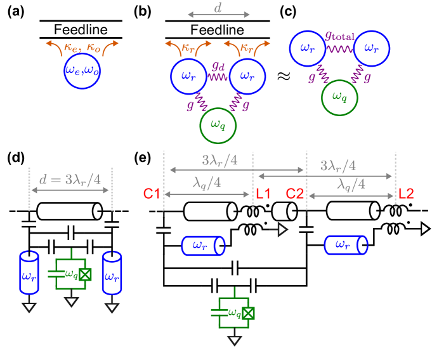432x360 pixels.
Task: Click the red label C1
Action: [x=152, y=194]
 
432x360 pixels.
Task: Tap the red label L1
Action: [x=263, y=194]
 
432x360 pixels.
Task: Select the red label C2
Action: [x=295, y=194]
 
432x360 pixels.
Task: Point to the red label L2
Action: [x=406, y=194]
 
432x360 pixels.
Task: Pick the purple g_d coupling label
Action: [x=219, y=65]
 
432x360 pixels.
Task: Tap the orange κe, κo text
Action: [x=82, y=47]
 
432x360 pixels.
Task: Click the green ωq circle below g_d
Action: [x=218, y=125]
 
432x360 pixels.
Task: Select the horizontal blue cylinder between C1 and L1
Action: [x=203, y=246]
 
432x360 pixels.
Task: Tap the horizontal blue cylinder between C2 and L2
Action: [x=345, y=244]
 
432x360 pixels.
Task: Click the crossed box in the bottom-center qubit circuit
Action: [x=248, y=313]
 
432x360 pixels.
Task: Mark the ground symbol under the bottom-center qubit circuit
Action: [x=235, y=340]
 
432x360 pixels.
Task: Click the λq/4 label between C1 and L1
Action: [x=207, y=183]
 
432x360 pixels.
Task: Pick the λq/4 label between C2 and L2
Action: [x=351, y=184]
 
